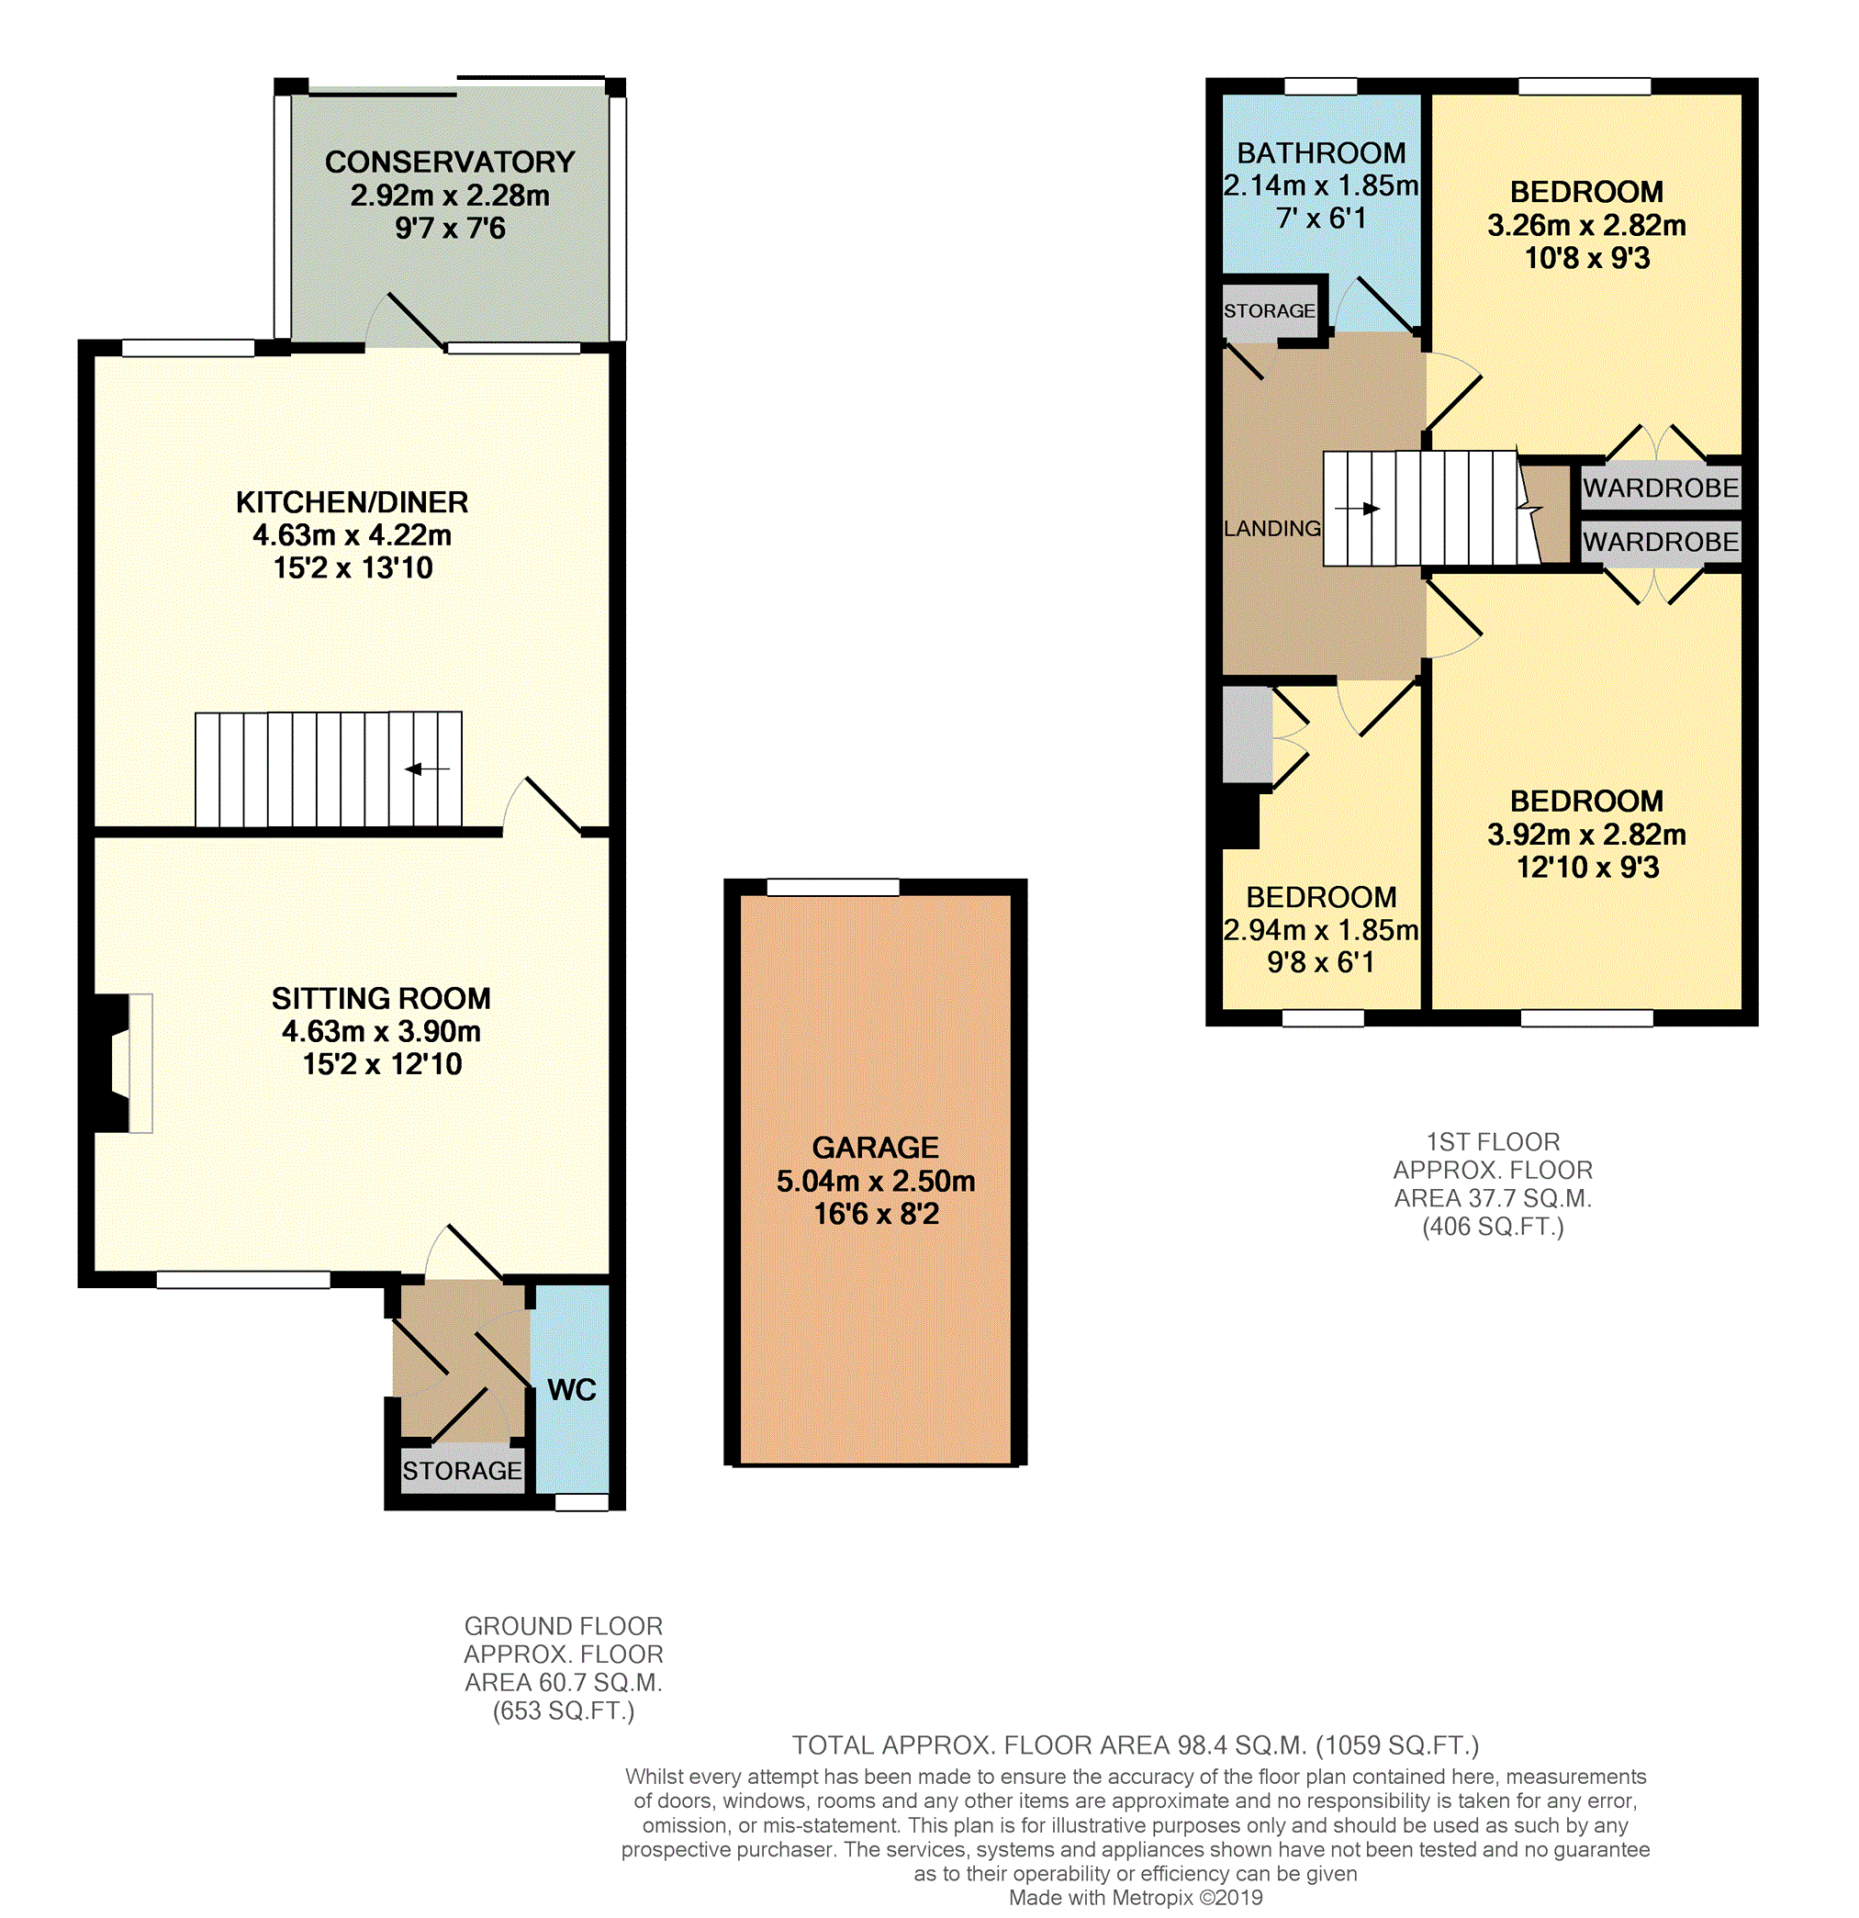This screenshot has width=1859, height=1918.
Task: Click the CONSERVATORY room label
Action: [x=450, y=162]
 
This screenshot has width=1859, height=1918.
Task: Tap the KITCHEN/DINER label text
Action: [x=353, y=502]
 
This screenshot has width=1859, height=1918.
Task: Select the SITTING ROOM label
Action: [x=382, y=998]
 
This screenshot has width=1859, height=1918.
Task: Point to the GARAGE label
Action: [x=876, y=1147]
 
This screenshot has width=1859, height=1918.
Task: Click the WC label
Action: [x=571, y=1389]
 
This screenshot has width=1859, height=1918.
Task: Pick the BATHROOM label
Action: [x=1321, y=152]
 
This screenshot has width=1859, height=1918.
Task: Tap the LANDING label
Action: [x=1272, y=529]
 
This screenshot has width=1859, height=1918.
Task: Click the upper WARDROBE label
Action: [x=1662, y=488]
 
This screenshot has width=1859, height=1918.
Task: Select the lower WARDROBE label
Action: [x=1662, y=541]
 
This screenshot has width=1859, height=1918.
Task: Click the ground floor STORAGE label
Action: [x=463, y=1471]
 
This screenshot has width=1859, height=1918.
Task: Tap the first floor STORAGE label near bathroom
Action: [x=1269, y=310]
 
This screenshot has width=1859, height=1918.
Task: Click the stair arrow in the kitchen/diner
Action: [x=428, y=769]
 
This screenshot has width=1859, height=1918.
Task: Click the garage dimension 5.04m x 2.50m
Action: [x=876, y=1181]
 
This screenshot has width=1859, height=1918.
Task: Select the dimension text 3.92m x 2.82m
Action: [x=1587, y=835]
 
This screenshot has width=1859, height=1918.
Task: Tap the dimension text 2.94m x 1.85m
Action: [x=1321, y=930]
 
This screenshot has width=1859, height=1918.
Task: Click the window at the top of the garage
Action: [x=833, y=888]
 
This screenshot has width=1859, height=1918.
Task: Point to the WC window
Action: [x=582, y=1502]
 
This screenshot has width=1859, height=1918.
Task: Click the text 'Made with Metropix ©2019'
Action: [x=1136, y=1898]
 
